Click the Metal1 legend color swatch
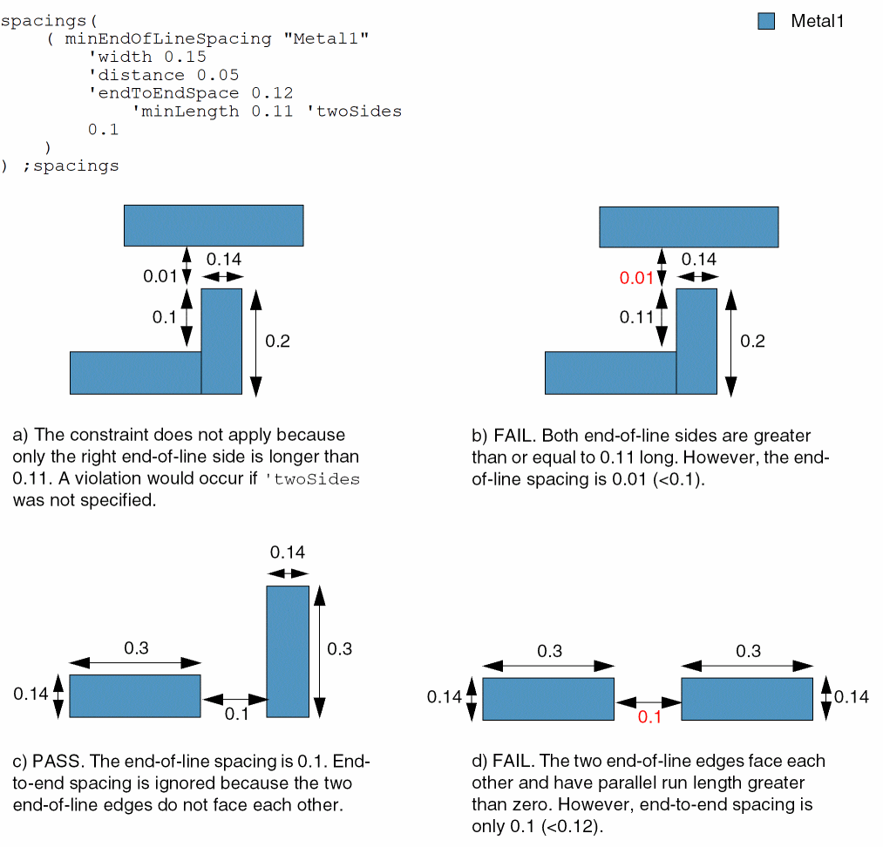[766, 22]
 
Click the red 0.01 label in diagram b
[635, 278]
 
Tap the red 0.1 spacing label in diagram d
[650, 717]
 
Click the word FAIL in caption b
[513, 435]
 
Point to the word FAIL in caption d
[513, 761]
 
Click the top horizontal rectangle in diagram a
[214, 225]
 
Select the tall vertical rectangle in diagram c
[288, 651]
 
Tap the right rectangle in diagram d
[747, 699]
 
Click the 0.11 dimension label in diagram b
[636, 318]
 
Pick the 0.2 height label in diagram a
[277, 341]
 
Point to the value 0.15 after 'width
[185, 58]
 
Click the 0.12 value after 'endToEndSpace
[272, 93]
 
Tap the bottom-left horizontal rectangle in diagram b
[610, 372]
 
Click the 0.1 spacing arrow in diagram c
[234, 699]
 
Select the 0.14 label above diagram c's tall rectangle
[288, 552]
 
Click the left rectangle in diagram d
[548, 699]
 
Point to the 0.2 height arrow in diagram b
[730, 341]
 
